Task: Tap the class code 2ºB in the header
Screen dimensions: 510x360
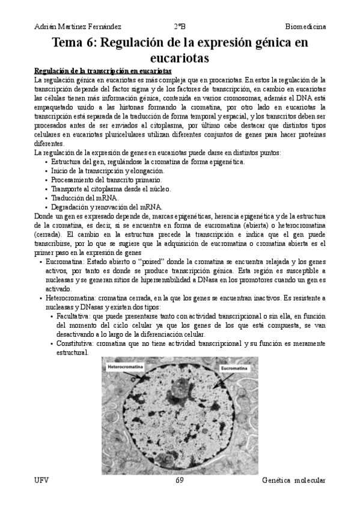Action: click(180, 26)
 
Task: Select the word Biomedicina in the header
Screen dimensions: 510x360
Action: click(305, 26)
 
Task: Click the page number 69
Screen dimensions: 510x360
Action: click(180, 481)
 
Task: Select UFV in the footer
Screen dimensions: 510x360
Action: click(41, 481)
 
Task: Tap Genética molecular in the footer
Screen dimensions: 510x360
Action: click(294, 481)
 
